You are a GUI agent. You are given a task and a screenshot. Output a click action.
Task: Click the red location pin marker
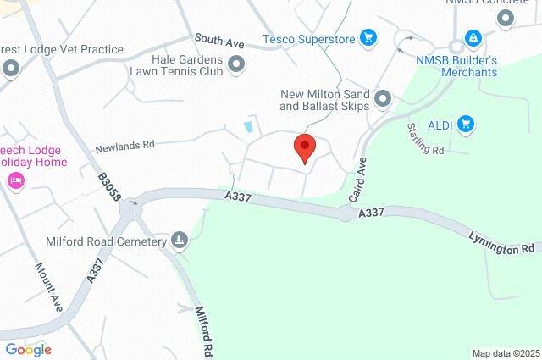305,148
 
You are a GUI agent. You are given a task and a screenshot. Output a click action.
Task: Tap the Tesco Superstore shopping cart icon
368,37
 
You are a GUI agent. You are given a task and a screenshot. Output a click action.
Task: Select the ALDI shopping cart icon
465,125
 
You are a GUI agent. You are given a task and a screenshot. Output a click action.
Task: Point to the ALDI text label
440,125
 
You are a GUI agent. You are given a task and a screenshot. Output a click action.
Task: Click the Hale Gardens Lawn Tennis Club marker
236,64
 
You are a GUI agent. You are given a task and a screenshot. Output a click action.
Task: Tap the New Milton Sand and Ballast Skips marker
384,99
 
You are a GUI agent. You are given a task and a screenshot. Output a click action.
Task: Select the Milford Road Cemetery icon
179,241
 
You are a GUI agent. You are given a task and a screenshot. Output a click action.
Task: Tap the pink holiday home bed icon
14,180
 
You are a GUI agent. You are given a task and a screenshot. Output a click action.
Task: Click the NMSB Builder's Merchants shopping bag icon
473,38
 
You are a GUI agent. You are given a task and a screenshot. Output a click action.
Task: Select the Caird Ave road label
358,179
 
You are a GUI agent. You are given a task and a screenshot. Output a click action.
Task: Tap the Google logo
28,349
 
